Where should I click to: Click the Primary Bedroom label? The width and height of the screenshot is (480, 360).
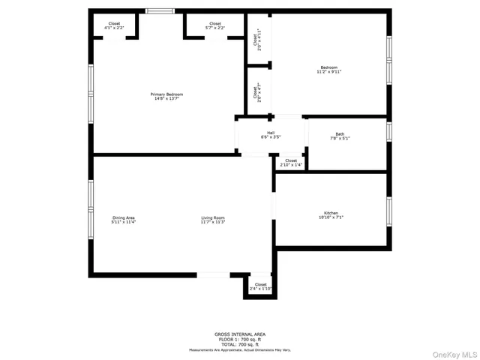point(169,94)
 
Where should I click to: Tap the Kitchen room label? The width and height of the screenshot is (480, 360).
point(331,213)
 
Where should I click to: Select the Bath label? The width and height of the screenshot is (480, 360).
point(340,134)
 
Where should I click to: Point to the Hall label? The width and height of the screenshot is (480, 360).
point(271,133)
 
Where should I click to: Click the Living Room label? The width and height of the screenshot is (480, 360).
point(213,217)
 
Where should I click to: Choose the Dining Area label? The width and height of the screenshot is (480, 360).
point(123,217)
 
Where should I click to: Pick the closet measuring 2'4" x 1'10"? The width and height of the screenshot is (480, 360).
point(260,285)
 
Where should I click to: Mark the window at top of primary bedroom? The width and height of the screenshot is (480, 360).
point(159,10)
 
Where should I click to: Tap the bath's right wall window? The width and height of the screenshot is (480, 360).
point(389,131)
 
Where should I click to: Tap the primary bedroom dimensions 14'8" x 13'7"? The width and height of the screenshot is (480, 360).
point(169,98)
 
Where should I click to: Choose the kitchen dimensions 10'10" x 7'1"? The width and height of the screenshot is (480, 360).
point(331,217)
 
